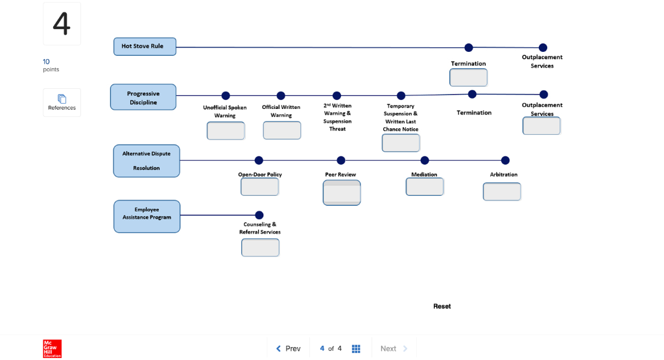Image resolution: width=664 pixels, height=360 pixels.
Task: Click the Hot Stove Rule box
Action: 144,47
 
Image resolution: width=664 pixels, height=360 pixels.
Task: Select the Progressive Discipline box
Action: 143,97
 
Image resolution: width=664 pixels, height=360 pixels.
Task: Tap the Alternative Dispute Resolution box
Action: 146,161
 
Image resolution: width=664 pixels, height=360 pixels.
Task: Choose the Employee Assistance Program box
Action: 147,216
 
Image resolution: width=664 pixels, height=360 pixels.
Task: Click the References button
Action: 62,102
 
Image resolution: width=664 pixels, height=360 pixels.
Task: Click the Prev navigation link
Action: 289,348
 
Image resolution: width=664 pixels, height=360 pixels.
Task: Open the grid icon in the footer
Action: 356,348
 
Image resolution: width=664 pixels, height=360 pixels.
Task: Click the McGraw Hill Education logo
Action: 52,348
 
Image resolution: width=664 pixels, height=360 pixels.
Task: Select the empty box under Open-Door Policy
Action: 260,187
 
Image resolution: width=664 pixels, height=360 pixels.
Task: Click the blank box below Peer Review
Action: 342,193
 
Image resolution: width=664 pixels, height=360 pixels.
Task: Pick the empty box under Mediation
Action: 425,187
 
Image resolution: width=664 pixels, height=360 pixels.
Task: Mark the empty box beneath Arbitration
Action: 502,191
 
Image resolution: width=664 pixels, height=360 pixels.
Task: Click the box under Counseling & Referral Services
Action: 261,248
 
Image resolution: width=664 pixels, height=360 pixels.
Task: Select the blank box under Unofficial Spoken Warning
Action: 226,131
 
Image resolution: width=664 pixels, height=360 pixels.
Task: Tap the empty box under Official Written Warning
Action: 282,130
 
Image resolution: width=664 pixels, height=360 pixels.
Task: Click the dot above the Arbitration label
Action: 505,160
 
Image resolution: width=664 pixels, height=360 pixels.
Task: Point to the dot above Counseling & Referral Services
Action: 259,215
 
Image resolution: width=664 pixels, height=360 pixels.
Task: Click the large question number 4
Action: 62,24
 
